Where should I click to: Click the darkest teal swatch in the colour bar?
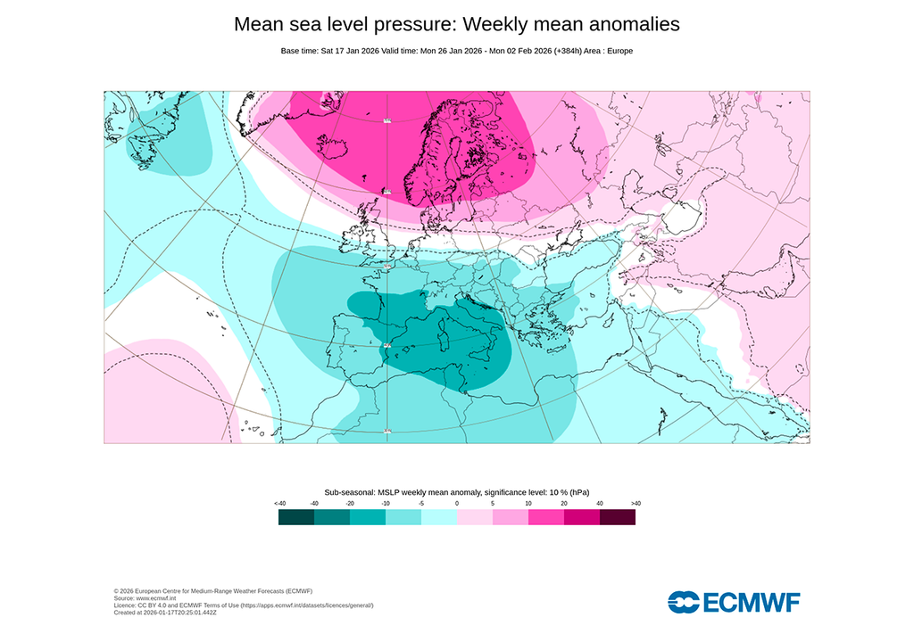[296, 517]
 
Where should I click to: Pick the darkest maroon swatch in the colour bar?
[618, 517]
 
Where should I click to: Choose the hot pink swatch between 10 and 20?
[546, 517]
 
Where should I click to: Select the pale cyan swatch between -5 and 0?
[439, 517]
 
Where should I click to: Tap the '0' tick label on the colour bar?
[457, 504]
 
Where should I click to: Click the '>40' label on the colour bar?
[635, 504]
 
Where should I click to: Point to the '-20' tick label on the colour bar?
[350, 504]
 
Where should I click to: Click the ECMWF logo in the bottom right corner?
[734, 603]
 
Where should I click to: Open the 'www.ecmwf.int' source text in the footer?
[148, 598]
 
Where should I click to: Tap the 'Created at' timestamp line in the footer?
[165, 613]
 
